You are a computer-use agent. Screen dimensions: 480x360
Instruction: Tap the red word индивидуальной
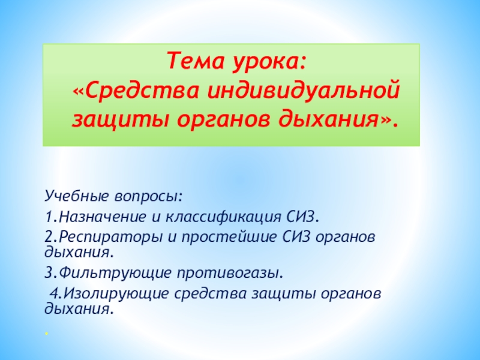coord(304,91)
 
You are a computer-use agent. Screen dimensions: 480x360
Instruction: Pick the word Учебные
coord(76,196)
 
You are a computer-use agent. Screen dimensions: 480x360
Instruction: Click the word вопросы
coord(148,196)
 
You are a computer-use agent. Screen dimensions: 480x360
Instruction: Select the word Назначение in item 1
coord(103,217)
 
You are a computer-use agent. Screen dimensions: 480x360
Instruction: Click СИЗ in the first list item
coord(301,217)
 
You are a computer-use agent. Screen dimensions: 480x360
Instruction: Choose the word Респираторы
coord(110,237)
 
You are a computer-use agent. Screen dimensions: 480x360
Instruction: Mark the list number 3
coord(49,272)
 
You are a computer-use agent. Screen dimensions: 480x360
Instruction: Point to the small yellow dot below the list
coord(46,333)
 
